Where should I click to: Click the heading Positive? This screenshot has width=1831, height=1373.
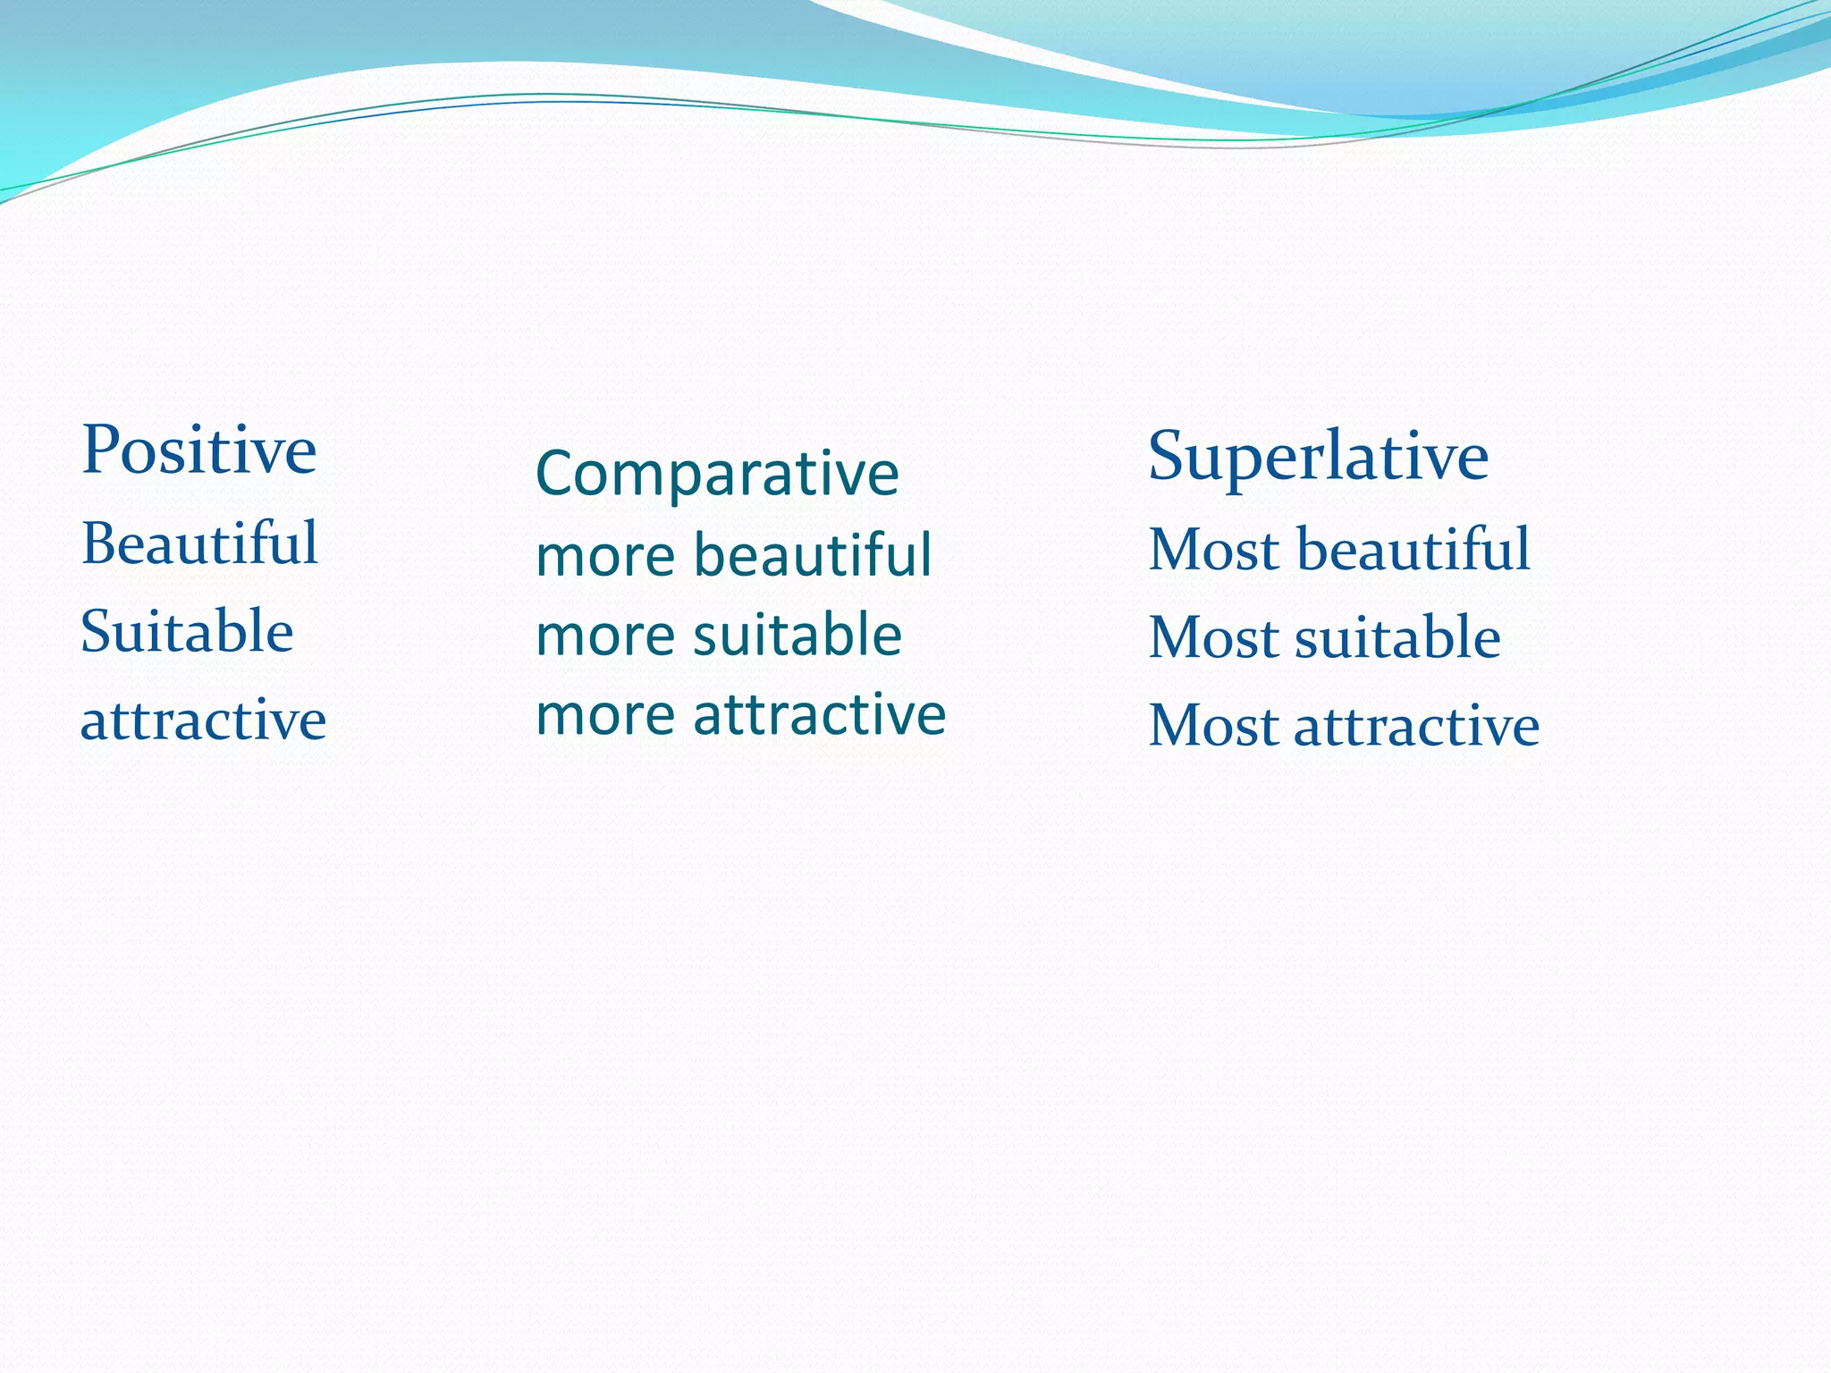tap(198, 451)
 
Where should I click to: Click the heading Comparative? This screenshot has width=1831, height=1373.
tap(717, 474)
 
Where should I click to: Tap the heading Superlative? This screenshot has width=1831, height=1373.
tap(1318, 457)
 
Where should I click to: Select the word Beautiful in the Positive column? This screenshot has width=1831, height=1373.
tap(199, 543)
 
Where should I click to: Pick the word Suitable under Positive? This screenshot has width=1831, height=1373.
tap(187, 632)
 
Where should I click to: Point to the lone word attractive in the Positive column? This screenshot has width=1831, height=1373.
tap(203, 720)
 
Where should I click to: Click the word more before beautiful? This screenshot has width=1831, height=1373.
tap(605, 556)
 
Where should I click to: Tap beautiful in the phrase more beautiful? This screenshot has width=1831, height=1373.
tap(813, 554)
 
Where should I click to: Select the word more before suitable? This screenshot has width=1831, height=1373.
tap(605, 636)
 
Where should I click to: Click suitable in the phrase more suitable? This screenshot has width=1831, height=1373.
tap(797, 635)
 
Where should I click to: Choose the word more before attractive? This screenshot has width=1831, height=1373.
tap(605, 716)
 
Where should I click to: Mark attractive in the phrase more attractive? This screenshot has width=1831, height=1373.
tap(819, 714)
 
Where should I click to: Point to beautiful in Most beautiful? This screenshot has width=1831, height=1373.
tap(1413, 549)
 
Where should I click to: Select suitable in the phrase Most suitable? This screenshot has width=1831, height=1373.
tap(1397, 638)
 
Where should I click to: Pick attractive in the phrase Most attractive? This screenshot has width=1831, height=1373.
tap(1416, 726)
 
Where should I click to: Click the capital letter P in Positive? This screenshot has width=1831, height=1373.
tap(101, 450)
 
